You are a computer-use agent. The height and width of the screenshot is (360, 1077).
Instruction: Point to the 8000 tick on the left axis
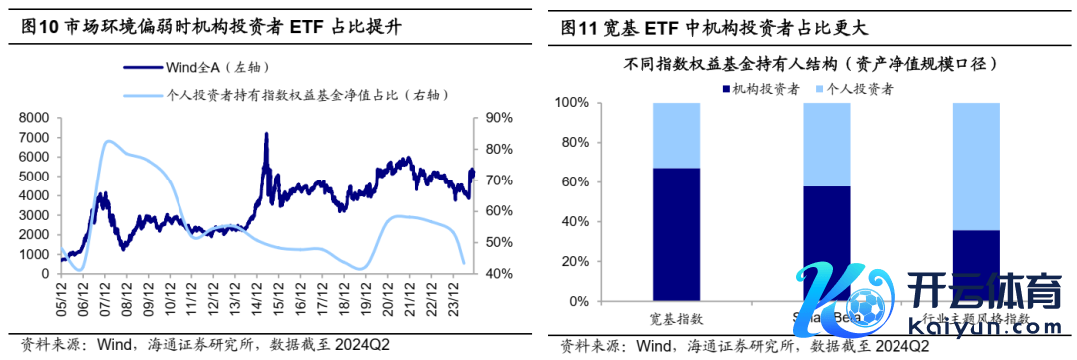click(34, 118)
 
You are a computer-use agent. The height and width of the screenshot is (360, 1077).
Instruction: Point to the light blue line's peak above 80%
click(108, 142)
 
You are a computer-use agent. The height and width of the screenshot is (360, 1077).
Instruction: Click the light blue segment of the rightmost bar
click(976, 166)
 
